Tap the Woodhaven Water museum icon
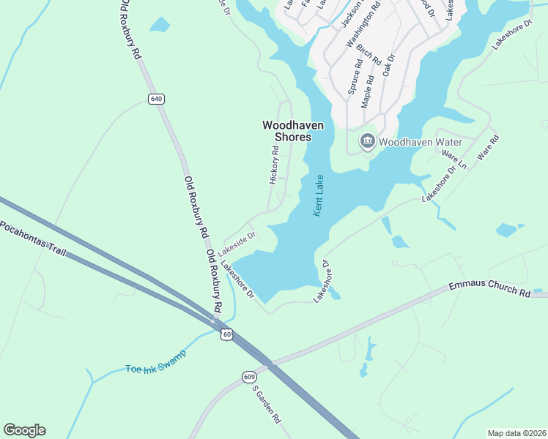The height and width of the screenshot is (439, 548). pyautogui.click(x=367, y=141)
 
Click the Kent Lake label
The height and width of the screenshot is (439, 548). pyautogui.click(x=319, y=195)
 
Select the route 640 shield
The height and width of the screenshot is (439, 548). pyautogui.click(x=155, y=99)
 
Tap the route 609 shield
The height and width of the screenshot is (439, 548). pyautogui.click(x=250, y=377)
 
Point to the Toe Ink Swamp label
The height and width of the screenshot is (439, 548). pyautogui.click(x=155, y=361)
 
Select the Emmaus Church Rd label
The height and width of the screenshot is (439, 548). pyautogui.click(x=489, y=291)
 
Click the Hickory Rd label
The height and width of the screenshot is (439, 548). pyautogui.click(x=275, y=165)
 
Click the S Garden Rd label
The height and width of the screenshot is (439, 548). pyautogui.click(x=267, y=405)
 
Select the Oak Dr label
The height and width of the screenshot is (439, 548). pyautogui.click(x=389, y=67)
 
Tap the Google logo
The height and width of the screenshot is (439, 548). pyautogui.click(x=24, y=430)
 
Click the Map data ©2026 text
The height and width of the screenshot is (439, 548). pyautogui.click(x=516, y=433)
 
